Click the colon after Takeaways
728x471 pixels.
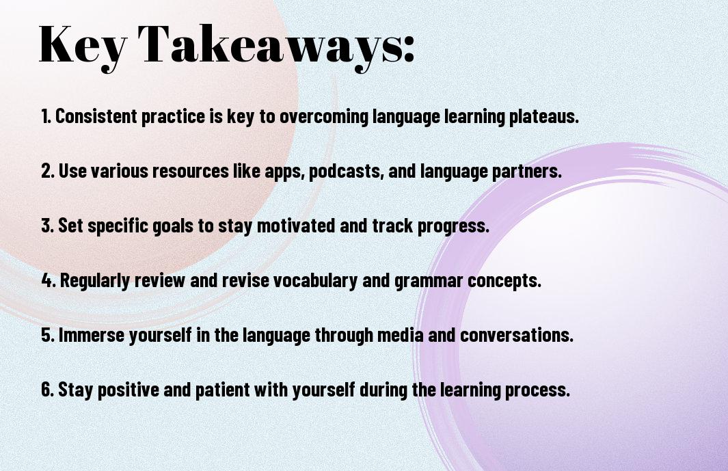tap(409, 49)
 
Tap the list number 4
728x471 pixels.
tap(49, 280)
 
